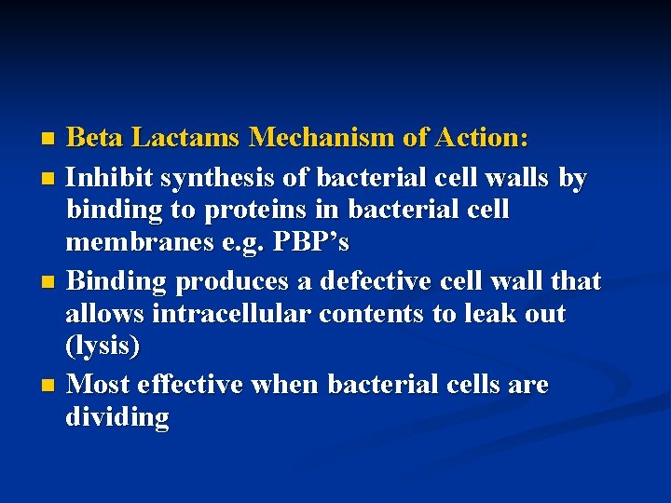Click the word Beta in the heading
point(96,139)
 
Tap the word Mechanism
point(323,139)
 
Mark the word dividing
point(116,417)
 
